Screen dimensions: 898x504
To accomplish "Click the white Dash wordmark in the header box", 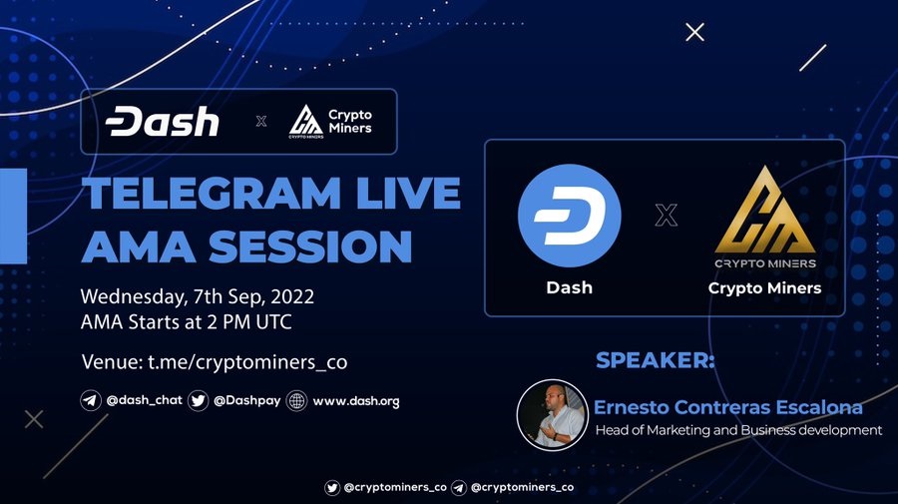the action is (162, 121).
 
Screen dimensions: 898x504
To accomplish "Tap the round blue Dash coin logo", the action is (570, 216).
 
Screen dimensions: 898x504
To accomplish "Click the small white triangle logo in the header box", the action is (305, 120).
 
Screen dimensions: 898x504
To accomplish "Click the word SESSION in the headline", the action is (310, 247).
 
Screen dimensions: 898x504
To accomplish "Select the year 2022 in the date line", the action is (292, 296).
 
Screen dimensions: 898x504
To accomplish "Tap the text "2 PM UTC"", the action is (249, 322).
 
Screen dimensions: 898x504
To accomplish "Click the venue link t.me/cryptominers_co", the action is (247, 362).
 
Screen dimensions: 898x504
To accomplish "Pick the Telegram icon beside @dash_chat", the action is (91, 400).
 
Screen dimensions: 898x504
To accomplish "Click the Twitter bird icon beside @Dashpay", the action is (199, 400).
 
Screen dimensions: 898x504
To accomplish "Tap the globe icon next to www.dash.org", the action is (296, 401).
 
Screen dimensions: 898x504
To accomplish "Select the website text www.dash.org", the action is (356, 401).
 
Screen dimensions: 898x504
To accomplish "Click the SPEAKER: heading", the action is (656, 360).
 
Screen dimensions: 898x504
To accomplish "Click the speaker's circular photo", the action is (552, 414).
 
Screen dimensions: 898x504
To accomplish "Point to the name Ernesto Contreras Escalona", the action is (728, 407).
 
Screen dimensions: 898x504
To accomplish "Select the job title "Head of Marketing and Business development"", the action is (738, 430).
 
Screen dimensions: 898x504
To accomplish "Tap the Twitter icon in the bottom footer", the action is (332, 487).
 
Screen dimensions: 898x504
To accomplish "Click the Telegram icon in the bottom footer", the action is (459, 487).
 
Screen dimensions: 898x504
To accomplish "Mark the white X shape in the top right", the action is (695, 32).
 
